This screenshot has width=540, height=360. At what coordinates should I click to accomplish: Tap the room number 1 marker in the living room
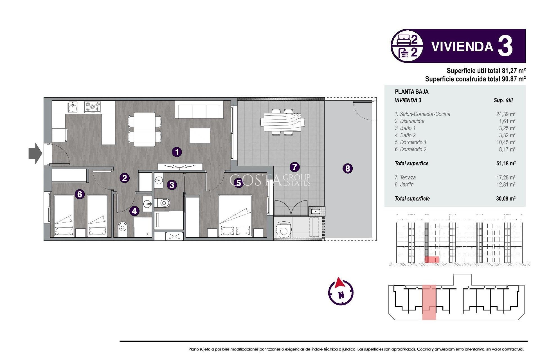point(177,152)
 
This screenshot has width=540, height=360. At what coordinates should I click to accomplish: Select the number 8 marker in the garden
point(348,168)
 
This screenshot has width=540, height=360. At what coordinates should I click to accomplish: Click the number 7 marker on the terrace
point(294,167)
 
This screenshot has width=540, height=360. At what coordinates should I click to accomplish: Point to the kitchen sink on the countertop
point(73,107)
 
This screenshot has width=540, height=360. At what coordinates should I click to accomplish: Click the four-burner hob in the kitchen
point(93,107)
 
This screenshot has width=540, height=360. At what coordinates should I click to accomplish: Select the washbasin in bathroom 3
point(159,180)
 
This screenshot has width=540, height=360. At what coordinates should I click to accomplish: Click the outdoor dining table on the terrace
point(282,122)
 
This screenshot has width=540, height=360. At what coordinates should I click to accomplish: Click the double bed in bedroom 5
point(235,215)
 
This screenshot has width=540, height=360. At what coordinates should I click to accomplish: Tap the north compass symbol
point(341,292)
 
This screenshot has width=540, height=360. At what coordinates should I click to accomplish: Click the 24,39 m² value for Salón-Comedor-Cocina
point(505,114)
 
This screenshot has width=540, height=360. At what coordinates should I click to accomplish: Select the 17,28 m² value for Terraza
point(505,177)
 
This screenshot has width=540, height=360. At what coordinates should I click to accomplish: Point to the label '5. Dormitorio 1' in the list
point(410,142)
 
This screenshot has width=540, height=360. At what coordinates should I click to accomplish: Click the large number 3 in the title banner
point(505,46)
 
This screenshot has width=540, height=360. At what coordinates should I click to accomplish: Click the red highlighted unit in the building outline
point(429,302)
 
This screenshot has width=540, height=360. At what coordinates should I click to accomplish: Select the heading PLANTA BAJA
point(411,92)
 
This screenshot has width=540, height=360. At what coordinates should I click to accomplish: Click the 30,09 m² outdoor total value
point(505,199)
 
